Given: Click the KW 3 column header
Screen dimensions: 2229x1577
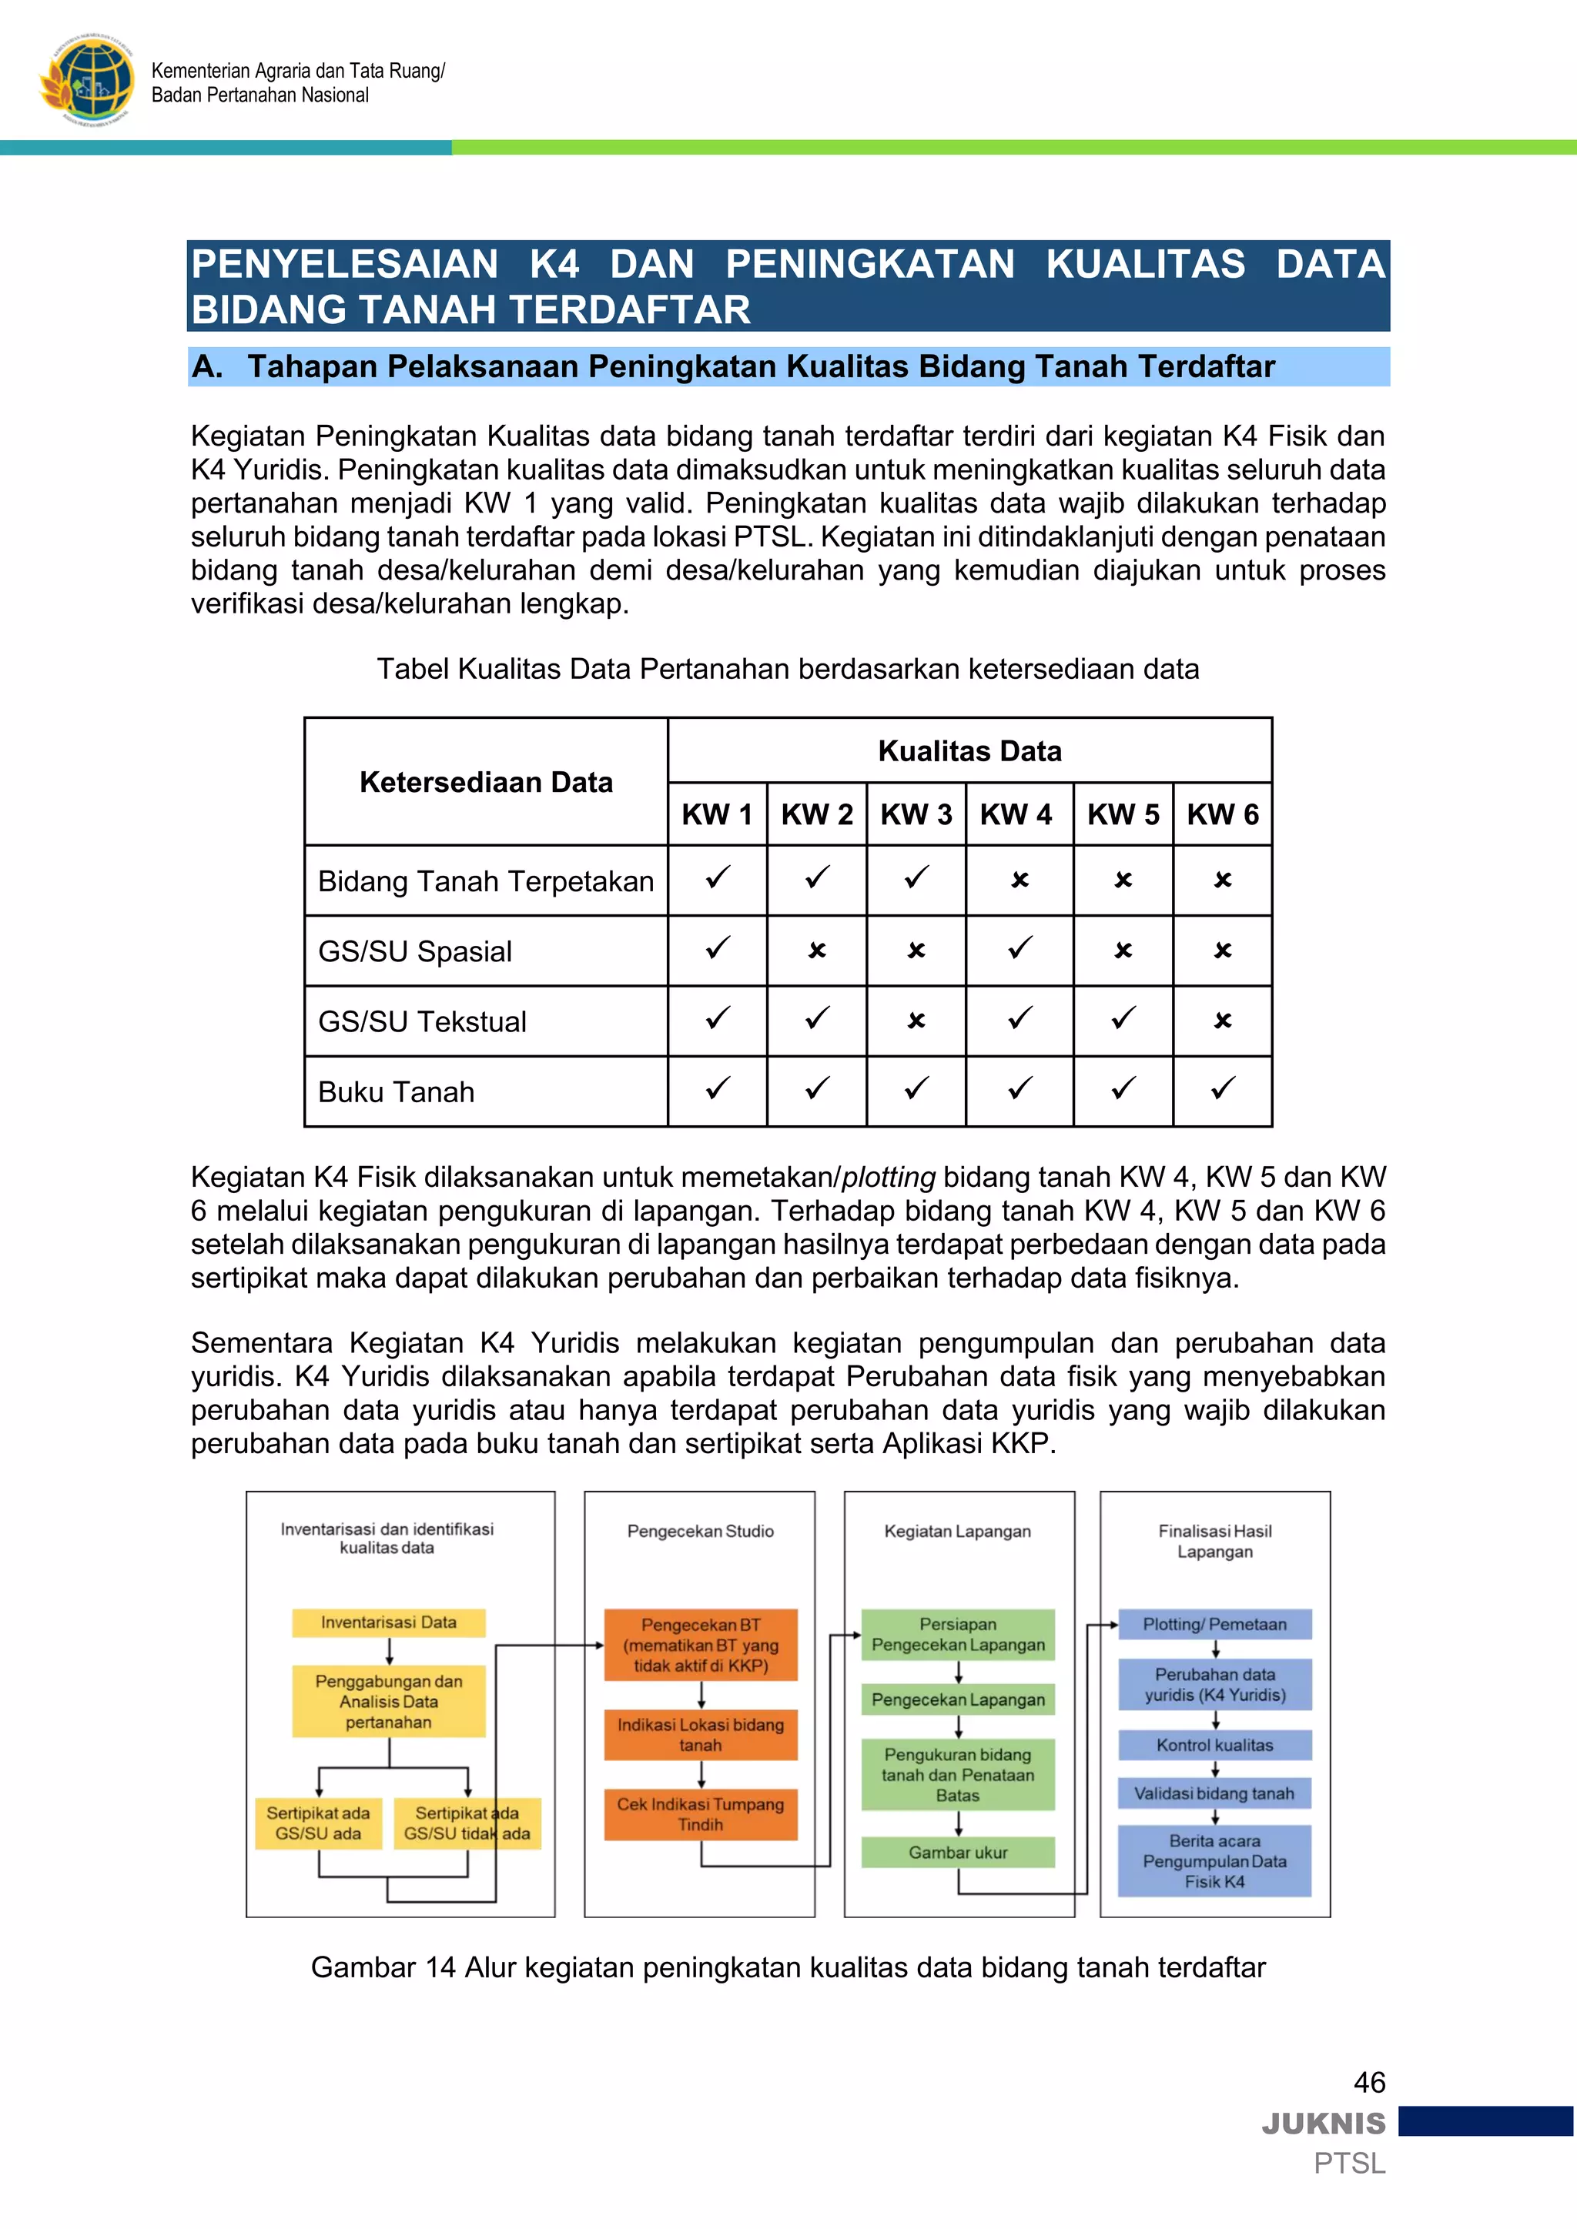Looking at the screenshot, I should (x=916, y=814).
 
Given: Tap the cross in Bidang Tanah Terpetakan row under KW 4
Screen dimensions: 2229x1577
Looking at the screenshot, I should (x=1019, y=881).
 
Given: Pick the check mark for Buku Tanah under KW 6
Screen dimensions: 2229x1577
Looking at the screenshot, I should (x=1223, y=1089).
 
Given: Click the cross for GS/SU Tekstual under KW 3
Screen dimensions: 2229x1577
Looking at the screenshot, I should (x=916, y=1021).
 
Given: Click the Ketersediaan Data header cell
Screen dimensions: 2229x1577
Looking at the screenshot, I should (x=486, y=783).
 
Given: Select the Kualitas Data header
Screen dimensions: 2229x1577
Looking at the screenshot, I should (x=969, y=751).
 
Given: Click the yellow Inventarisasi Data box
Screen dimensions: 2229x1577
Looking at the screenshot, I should (x=388, y=1622).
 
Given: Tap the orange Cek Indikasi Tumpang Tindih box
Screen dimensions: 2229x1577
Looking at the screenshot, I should (x=700, y=1813).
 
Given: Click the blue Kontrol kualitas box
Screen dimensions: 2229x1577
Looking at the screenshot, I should (x=1214, y=1745).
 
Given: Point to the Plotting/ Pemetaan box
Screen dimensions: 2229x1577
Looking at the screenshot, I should (x=1214, y=1624).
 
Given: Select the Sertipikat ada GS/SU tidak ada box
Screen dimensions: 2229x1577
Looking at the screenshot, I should (x=467, y=1823).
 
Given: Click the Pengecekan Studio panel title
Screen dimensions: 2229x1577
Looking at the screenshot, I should (x=700, y=1531).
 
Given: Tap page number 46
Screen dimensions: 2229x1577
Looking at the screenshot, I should (x=1369, y=2083).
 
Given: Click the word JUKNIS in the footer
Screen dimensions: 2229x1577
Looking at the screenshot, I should (x=1324, y=2124).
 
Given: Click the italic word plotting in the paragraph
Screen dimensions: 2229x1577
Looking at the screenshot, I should (x=888, y=1178).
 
